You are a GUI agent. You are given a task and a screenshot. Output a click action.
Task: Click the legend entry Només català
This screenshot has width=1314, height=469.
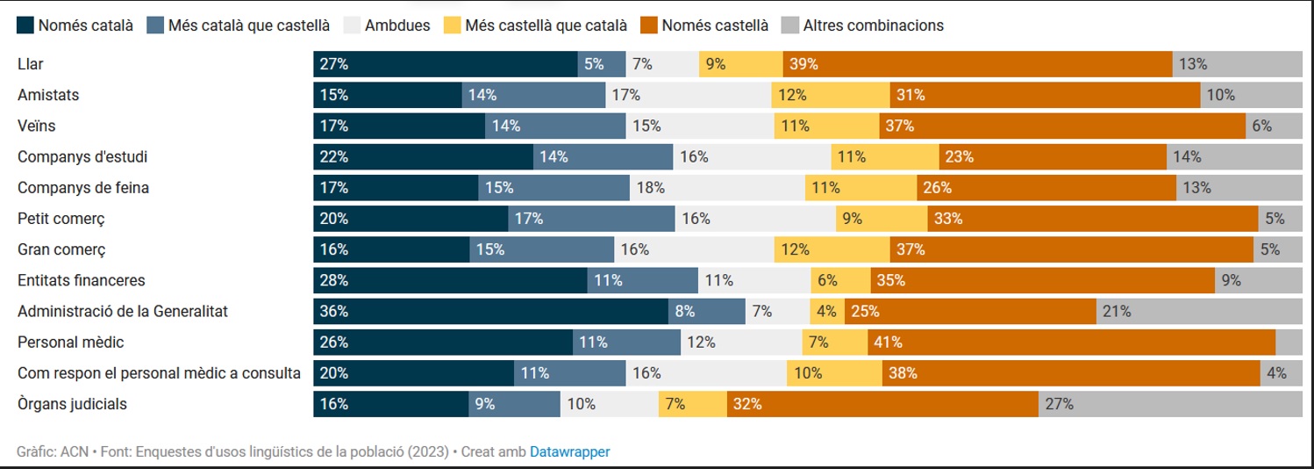click(x=85, y=25)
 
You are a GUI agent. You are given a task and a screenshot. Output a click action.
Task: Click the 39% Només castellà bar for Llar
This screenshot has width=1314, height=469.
click(x=977, y=64)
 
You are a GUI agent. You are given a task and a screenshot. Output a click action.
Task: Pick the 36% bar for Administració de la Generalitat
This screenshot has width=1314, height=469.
click(x=491, y=311)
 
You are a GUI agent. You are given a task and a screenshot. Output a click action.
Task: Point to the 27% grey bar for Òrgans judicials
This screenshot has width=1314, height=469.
click(x=1170, y=404)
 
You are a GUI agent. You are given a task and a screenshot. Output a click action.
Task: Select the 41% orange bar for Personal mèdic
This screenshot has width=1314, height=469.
click(x=1071, y=343)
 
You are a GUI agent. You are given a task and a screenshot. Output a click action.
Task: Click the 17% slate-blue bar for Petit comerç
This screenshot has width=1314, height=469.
click(x=591, y=219)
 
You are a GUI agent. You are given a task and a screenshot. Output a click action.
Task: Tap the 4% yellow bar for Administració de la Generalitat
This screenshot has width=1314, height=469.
click(x=827, y=311)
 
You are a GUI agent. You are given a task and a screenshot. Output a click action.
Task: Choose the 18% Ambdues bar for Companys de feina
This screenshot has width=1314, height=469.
click(x=718, y=187)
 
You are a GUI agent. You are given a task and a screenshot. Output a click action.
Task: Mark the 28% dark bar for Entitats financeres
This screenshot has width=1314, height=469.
click(x=450, y=280)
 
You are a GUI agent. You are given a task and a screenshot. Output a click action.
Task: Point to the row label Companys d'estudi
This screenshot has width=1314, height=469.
click(x=82, y=156)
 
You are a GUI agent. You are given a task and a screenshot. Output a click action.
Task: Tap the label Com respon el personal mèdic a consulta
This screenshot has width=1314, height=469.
click(x=159, y=373)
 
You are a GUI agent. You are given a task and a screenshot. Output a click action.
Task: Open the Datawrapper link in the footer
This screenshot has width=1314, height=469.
click(x=569, y=451)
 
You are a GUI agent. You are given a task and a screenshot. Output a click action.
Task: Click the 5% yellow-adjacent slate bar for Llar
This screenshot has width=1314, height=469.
click(x=602, y=64)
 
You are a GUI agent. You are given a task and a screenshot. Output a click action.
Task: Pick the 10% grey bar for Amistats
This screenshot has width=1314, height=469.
click(x=1251, y=95)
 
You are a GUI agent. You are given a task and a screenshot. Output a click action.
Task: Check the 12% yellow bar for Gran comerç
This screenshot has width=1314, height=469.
click(x=832, y=249)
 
